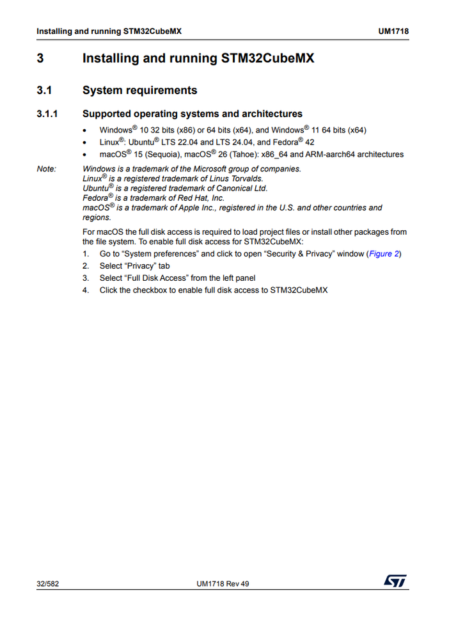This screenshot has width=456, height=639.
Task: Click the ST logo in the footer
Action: pos(395,581)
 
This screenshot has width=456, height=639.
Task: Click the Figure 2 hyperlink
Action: pos(384,254)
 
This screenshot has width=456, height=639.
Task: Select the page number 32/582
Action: pos(48,583)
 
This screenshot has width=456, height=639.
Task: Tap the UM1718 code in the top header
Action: pos(394,31)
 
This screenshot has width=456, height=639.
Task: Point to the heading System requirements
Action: pos(139,90)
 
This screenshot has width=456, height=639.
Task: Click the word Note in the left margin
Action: pos(46,170)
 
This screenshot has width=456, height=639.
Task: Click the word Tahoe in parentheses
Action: pos(244,154)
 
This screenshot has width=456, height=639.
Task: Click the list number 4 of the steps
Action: pos(85,290)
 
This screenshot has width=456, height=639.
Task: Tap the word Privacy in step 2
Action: pos(141,266)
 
